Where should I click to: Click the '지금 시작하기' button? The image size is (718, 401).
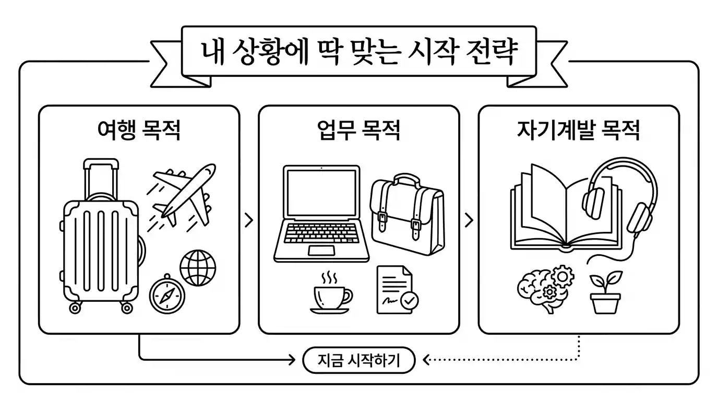click(x=358, y=361)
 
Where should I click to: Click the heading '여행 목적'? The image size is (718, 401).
click(x=139, y=131)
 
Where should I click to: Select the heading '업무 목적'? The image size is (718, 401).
click(x=359, y=131)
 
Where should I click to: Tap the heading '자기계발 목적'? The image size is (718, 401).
click(x=578, y=131)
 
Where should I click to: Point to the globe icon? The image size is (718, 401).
click(x=198, y=267)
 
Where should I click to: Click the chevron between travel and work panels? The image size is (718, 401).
click(x=249, y=221)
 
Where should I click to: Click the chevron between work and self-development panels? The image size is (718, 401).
click(x=469, y=221)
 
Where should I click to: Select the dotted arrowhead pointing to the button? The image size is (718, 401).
click(x=425, y=360)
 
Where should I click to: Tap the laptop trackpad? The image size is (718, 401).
click(x=321, y=251)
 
